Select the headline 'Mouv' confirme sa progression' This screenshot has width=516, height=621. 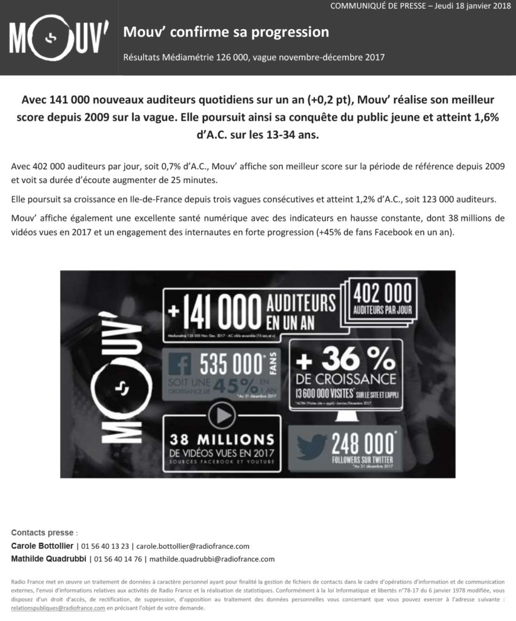[226, 32]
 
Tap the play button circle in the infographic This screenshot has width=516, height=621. [222, 415]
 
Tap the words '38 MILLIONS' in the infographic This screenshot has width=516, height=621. [222, 439]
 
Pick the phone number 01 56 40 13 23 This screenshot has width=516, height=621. [104, 546]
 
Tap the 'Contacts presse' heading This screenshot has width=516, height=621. [42, 532]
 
